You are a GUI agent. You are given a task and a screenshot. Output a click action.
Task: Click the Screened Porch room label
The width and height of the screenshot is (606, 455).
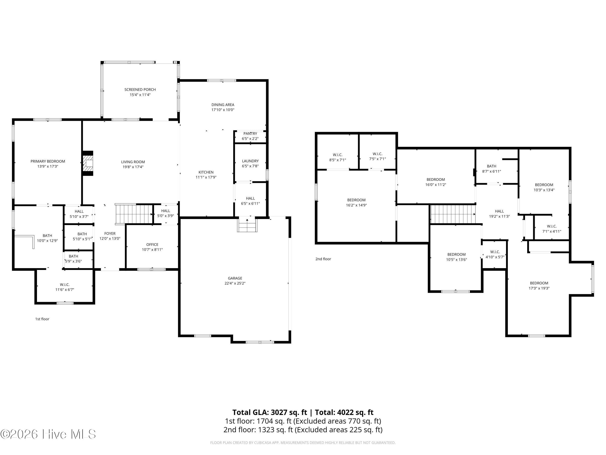coord(140,89)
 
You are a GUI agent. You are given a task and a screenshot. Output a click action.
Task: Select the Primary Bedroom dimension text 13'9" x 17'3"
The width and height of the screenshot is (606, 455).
coord(48,166)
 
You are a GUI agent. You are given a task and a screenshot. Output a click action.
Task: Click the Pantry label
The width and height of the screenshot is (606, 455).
coord(250,133)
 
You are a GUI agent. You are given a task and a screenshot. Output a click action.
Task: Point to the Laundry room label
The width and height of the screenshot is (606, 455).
coord(250,161)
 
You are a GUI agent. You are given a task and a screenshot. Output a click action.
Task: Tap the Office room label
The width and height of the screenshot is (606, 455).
coord(152,244)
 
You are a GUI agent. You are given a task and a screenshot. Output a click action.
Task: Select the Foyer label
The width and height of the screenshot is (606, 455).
coord(110,233)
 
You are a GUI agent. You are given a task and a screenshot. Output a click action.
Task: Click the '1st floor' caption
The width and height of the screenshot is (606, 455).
coord(42,319)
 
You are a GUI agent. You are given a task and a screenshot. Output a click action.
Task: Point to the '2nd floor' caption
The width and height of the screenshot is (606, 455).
coord(323,259)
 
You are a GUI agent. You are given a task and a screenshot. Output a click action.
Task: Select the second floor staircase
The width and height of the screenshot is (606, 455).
coord(453,214)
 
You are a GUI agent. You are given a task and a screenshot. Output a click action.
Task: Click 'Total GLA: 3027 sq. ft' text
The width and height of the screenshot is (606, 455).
coord(270,412)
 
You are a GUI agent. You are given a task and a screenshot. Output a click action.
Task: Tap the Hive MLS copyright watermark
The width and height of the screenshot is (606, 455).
coord(48,434)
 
